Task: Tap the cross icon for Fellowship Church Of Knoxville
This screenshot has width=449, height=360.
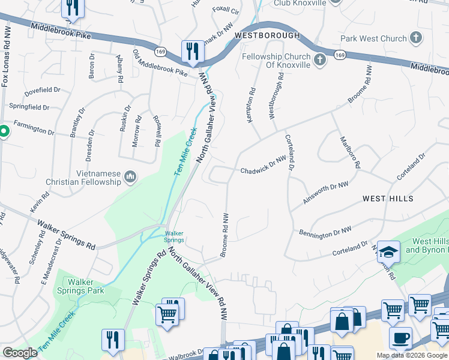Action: (x=320, y=59)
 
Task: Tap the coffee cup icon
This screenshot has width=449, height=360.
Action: (x=400, y=338)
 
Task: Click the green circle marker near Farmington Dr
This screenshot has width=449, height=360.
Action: (x=2, y=131)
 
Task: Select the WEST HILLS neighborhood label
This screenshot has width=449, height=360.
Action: (x=387, y=198)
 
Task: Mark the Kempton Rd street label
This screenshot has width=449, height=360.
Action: (x=251, y=105)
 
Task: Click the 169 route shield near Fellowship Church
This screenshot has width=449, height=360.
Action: (x=340, y=55)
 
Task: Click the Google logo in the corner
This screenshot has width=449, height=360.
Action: (x=20, y=353)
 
